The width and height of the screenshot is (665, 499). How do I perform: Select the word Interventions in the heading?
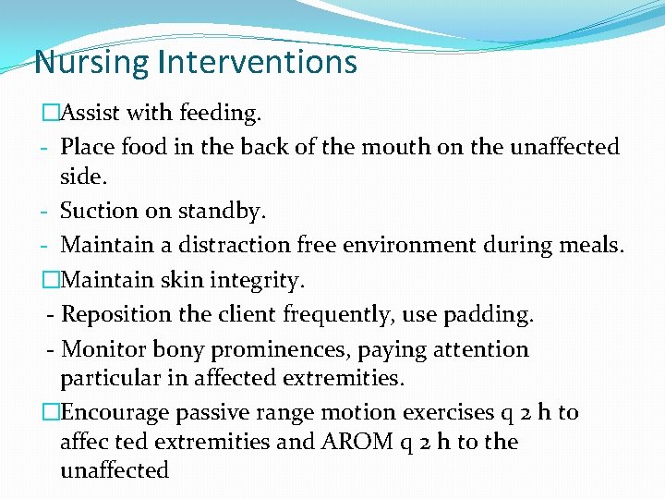pos(257,62)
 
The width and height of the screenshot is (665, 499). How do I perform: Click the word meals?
pos(591,246)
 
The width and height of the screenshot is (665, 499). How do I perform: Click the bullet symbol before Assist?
pos(49,113)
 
